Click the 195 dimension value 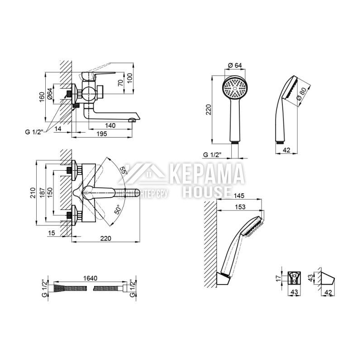point(102,134)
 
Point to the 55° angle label point(124,170)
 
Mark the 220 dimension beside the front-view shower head point(209,110)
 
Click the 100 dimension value point(130,77)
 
